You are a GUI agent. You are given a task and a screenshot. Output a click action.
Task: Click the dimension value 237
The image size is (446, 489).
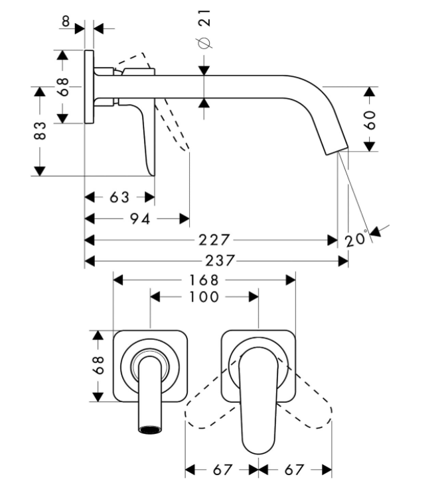pos(219,260)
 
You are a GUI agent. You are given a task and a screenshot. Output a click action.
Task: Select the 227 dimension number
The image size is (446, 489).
pos(214,240)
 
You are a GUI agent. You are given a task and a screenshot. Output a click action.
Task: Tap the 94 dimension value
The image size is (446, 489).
pos(140,219)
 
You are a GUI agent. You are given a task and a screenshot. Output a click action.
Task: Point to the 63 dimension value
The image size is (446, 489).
pos(119,197)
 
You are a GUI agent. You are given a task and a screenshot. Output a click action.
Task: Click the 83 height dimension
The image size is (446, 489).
pos(40,131)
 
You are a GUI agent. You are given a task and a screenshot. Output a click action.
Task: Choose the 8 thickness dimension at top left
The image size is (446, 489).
pos(66,21)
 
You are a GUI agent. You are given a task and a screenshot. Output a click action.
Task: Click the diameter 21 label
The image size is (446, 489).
pos(204,29)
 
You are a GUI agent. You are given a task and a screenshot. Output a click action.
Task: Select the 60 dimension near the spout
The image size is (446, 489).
pos(370,119)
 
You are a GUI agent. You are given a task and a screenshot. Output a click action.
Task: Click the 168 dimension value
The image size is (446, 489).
pos(204,280)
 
